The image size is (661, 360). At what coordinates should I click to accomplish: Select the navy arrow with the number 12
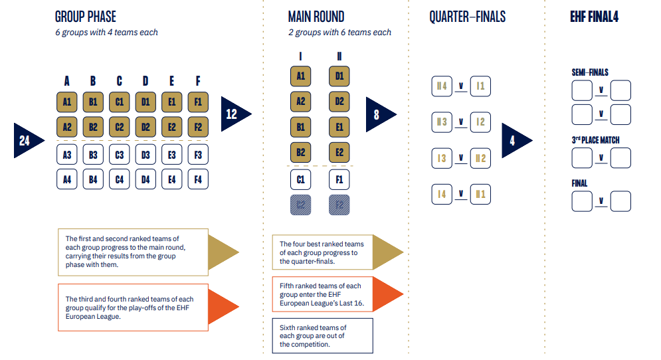click(x=235, y=114)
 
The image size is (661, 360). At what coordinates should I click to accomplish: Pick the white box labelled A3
click(x=67, y=155)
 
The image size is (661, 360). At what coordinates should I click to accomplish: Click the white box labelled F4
click(x=198, y=179)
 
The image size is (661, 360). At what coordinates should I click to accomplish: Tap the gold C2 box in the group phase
click(x=120, y=127)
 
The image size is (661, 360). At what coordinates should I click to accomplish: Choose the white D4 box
click(x=145, y=179)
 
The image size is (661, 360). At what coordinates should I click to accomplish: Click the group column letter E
click(x=171, y=81)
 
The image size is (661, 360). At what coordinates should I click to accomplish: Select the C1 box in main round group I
click(x=301, y=179)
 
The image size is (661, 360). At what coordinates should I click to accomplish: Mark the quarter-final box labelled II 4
click(x=442, y=86)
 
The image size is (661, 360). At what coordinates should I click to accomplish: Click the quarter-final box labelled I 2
click(x=480, y=122)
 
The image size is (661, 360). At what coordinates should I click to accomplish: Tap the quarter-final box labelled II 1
click(x=480, y=194)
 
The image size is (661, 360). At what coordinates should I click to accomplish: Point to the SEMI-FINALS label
click(x=589, y=72)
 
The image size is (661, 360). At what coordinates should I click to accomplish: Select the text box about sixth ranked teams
click(x=322, y=335)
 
